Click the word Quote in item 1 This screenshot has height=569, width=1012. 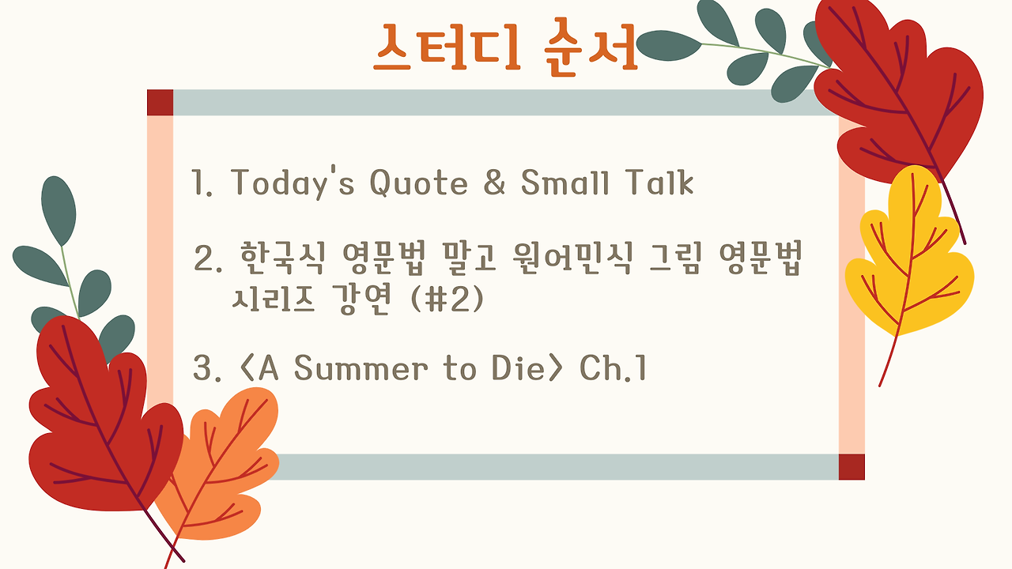[x=419, y=183]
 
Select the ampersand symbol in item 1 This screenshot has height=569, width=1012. [x=494, y=182]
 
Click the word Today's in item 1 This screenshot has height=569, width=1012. [x=293, y=183]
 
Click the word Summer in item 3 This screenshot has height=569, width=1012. [x=361, y=368]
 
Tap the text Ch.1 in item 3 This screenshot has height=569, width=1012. [x=613, y=367]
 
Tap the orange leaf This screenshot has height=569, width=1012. [x=217, y=469]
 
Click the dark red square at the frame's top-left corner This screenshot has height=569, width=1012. [x=160, y=103]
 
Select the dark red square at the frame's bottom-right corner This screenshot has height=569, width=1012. [x=852, y=467]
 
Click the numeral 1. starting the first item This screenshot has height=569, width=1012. [x=202, y=182]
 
